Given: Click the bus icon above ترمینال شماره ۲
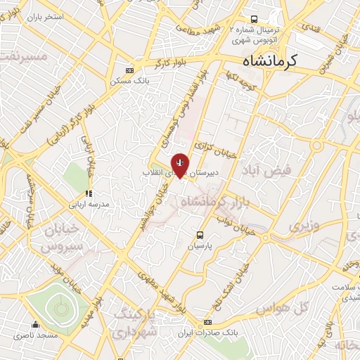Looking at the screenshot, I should (254, 20).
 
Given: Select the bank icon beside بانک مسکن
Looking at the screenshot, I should (129, 70).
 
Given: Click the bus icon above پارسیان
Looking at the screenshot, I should (200, 235).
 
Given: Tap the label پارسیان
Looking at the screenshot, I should (199, 247).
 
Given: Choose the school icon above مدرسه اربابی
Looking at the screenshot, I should (89, 193).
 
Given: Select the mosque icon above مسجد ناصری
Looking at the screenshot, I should (36, 325).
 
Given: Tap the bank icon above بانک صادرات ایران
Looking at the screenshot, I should (207, 322).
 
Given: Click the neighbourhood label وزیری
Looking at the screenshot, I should (304, 226).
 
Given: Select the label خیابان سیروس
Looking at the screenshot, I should (61, 239).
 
